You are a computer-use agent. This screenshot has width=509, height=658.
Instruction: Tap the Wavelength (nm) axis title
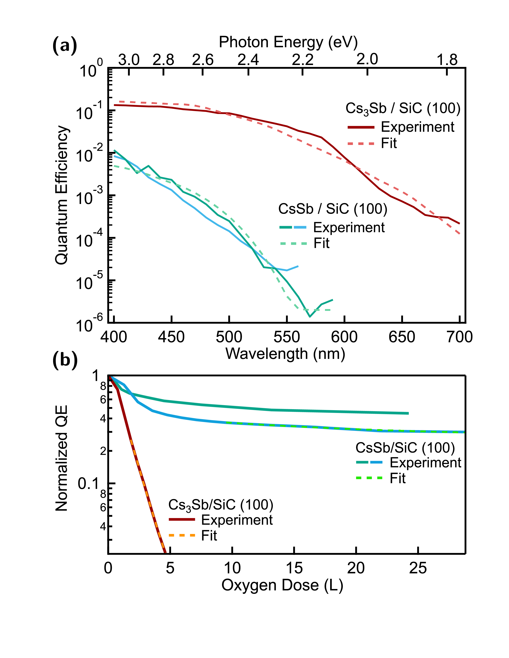[285, 354]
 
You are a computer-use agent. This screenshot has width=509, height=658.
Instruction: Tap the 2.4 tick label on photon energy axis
[248, 59]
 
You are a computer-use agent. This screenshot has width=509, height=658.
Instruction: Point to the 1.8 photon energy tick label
[447, 59]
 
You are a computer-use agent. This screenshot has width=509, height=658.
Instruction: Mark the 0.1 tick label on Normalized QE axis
[88, 484]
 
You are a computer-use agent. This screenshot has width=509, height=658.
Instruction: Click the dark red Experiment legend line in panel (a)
[361, 127]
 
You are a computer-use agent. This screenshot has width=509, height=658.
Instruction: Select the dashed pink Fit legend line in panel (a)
[361, 144]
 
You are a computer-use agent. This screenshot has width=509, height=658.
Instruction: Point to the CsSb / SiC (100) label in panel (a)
[332, 209]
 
